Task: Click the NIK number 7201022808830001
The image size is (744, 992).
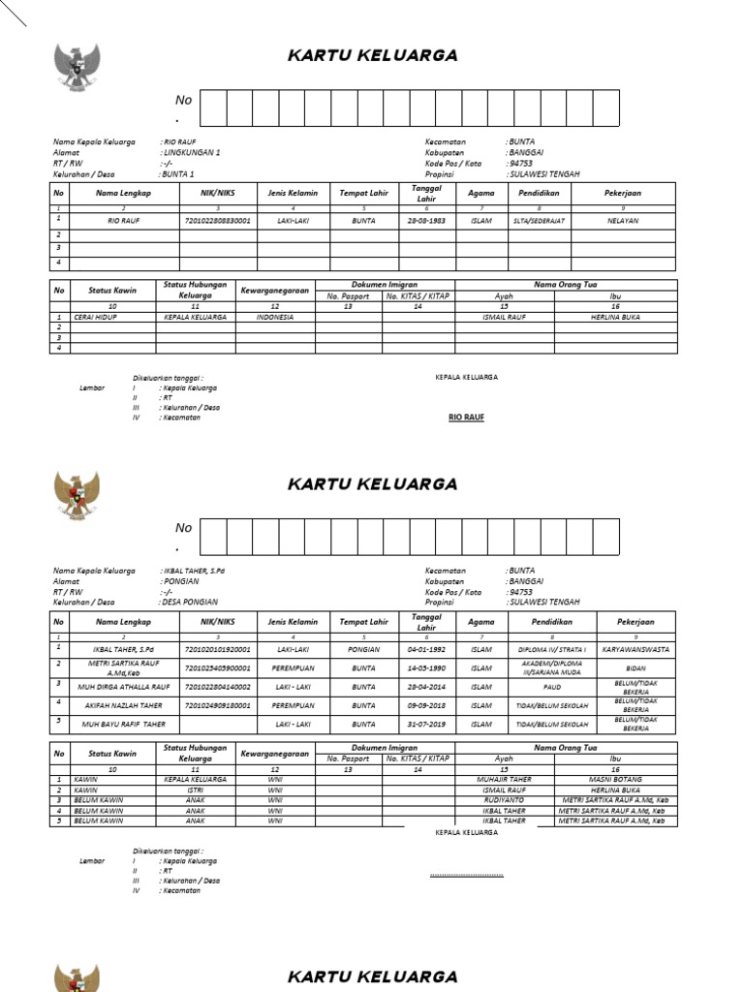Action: pos(217,221)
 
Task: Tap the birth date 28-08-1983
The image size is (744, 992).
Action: pos(426,221)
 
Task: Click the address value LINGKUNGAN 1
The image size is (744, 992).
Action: pos(192,153)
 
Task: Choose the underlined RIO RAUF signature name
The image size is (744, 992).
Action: pos(466,417)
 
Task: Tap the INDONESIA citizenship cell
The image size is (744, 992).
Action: pos(274,317)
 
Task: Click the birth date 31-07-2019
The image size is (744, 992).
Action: pos(425,724)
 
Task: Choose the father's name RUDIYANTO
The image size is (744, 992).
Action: pos(504,799)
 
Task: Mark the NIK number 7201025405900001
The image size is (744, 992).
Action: pos(217,667)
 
